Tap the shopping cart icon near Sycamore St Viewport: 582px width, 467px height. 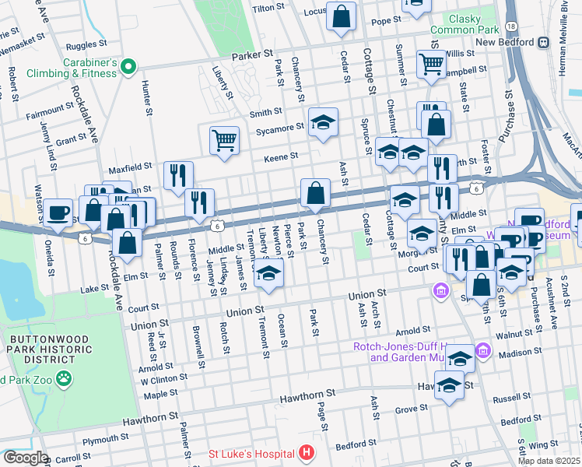point(224,140)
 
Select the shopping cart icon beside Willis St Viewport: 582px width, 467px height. point(431,64)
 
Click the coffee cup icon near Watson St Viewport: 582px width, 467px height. point(58,212)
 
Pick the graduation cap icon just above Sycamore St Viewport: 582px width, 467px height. point(323,121)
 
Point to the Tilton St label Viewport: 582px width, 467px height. point(265,7)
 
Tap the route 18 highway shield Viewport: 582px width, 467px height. point(510,26)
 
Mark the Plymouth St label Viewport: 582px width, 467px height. point(100,440)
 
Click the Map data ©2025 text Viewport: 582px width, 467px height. point(549,461)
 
